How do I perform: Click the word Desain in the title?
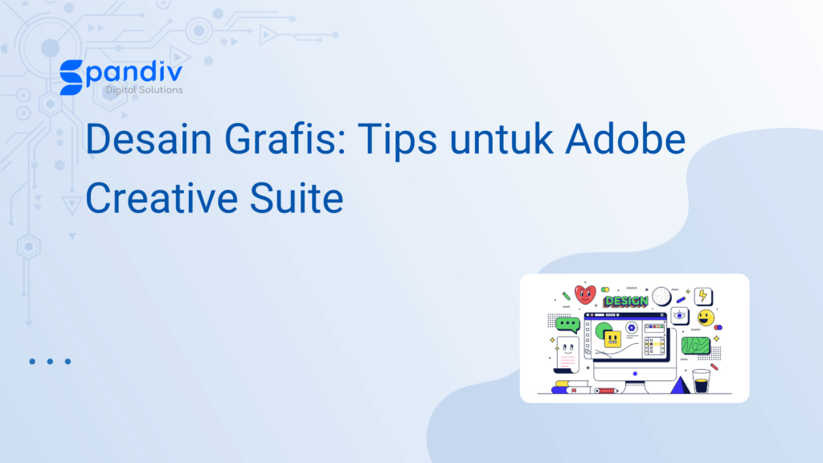click(149, 139)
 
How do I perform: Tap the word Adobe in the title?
click(625, 139)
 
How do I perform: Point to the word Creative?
click(162, 198)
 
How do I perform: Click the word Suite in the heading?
click(297, 198)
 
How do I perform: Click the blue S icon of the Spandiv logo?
click(71, 77)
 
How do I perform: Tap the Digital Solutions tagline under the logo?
click(145, 90)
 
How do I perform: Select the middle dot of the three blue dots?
click(50, 361)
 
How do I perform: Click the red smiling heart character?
click(585, 294)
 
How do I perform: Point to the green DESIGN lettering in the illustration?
click(625, 301)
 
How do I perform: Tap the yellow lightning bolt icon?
click(703, 296)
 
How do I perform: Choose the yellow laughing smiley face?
click(706, 318)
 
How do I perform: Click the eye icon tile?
click(680, 315)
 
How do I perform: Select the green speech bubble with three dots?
click(567, 325)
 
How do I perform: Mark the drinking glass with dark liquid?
click(701, 381)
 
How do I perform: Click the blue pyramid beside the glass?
click(680, 385)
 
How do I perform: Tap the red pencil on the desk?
click(605, 391)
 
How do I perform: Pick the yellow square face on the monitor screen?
click(612, 339)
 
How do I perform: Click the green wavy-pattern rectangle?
click(695, 346)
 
